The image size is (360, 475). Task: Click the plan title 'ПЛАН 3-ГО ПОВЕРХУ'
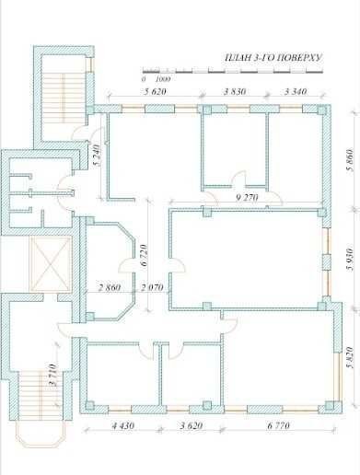coord(273,58)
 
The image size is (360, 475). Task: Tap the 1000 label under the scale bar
coord(163,79)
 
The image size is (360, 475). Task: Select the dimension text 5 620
coord(155,91)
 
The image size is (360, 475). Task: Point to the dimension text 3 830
coord(235,91)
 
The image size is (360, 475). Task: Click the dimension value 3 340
coord(296,91)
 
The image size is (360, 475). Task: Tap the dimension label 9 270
coord(247,197)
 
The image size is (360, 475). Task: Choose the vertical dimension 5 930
coord(350,260)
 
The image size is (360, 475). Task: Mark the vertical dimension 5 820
coord(350,357)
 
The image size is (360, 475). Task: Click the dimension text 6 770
coord(278,425)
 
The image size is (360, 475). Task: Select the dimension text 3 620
coord(192,425)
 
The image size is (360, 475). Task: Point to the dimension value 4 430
coord(122,425)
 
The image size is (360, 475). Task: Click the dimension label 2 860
coord(110,287)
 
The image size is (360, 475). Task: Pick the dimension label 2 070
coord(152,287)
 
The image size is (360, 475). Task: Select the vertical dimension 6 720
coord(145,255)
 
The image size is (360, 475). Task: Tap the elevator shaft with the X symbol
coord(51,263)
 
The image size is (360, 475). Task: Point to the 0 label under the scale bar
coord(144,79)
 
